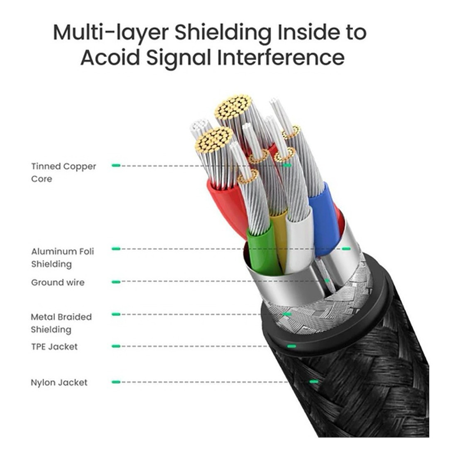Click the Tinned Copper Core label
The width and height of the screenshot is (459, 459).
63,172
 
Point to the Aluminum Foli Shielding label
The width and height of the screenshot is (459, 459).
62,257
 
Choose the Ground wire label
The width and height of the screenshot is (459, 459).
57,282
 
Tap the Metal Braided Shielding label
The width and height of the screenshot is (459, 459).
61,323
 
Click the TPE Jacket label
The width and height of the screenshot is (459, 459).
54,347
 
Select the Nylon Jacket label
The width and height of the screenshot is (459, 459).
59,382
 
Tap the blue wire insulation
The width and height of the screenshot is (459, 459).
324,218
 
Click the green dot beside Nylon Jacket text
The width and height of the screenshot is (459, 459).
116,382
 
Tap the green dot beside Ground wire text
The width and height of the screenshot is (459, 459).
116,282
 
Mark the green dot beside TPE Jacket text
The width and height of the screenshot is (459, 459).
116,346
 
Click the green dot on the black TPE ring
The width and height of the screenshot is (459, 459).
290,346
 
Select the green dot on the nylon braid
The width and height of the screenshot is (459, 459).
313,381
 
